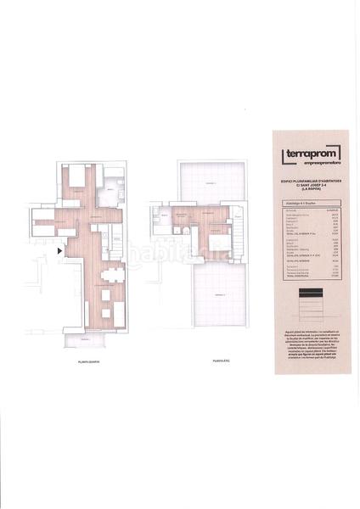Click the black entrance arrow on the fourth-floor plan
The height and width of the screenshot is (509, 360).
[x=59, y=250]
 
